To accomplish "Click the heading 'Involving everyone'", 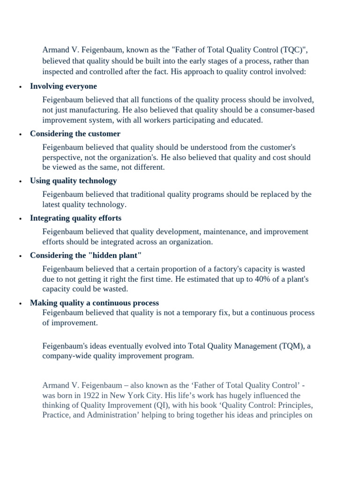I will coord(63,86).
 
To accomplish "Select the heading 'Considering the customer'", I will coord(75,134).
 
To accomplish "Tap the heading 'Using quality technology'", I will coord(73,180).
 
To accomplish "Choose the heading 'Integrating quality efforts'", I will coord(75,218).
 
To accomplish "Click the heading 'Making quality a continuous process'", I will coord(94,303).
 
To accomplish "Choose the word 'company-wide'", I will coord(65,356).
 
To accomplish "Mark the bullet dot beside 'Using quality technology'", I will coord(20,181).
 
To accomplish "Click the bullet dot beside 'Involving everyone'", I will coord(20,87).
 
